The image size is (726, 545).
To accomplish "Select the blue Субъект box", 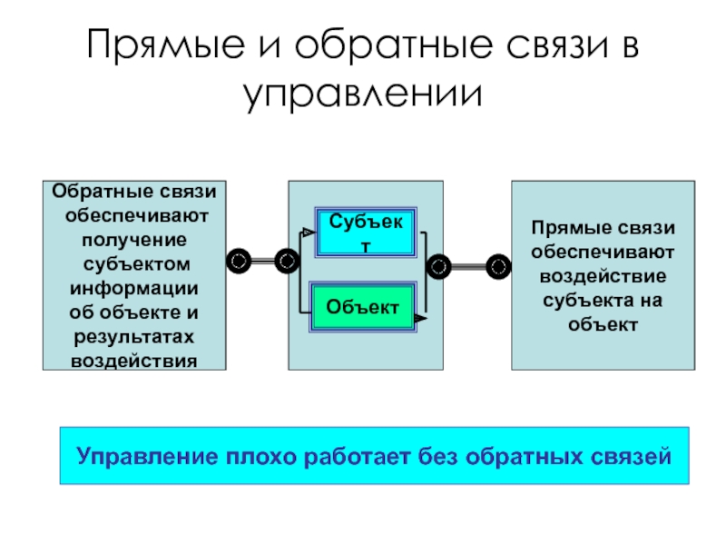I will [x=368, y=233].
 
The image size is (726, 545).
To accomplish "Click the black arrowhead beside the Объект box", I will [x=419, y=319].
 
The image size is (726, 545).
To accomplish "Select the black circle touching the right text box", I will [x=498, y=266].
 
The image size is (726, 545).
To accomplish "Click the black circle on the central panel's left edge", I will [x=287, y=262].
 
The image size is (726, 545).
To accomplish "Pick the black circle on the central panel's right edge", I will [x=440, y=266].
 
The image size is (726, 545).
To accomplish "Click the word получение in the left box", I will [x=133, y=240].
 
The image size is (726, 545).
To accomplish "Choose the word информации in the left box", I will [x=133, y=289].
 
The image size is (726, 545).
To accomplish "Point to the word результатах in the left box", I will [x=133, y=337].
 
